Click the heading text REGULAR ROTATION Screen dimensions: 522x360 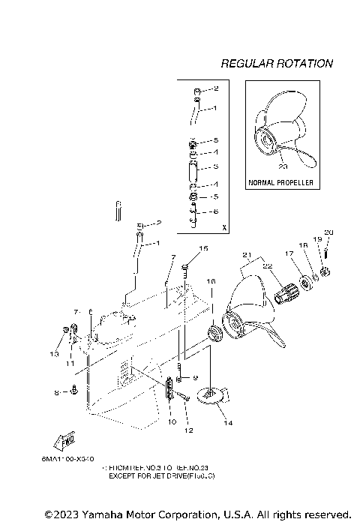[x=277, y=64]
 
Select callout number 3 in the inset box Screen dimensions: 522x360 [x=216, y=166]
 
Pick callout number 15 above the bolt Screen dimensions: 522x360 [x=203, y=248]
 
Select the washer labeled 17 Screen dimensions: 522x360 [x=306, y=283]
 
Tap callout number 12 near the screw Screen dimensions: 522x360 [x=189, y=430]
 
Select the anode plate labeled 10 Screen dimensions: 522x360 [x=169, y=389]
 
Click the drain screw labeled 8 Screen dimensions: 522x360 [x=76, y=391]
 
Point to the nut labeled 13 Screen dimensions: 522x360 [x=64, y=330]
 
